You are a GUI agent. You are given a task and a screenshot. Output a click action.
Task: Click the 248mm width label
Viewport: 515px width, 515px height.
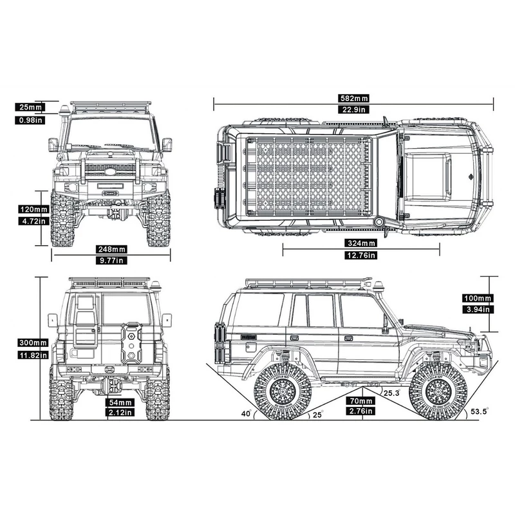(x=112, y=249)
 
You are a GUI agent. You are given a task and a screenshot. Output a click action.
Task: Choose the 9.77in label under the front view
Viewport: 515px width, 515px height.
(x=112, y=261)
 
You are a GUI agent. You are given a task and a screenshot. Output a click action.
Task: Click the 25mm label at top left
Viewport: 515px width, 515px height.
(x=31, y=108)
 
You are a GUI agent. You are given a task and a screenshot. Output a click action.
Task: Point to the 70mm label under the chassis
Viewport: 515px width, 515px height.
(x=361, y=400)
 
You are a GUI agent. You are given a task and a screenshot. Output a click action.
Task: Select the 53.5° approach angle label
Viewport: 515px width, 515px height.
(x=480, y=410)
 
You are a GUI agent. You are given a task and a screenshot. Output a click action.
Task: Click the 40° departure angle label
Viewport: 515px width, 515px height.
(x=245, y=414)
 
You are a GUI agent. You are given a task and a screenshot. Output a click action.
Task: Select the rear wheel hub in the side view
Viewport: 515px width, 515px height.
(x=284, y=390)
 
